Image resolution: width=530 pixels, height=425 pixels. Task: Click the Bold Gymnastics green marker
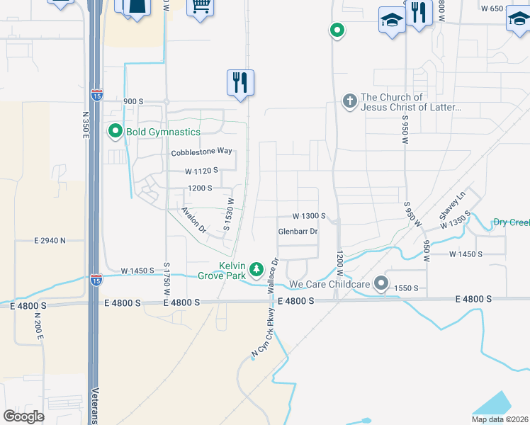115,132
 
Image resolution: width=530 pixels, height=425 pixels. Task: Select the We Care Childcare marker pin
381,284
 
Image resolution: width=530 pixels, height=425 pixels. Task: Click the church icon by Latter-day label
349,101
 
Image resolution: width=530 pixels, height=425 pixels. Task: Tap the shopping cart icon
201,6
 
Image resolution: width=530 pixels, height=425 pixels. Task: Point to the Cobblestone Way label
201,152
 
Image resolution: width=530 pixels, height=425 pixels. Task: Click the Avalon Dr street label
193,220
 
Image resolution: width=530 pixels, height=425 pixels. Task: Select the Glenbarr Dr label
298,232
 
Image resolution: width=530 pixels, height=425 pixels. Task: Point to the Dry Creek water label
511,222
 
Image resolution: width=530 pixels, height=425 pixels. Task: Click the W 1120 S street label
201,171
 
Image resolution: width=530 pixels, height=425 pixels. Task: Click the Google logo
24,416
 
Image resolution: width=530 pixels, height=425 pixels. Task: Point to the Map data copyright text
500,419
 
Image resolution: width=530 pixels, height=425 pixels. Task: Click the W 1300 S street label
309,216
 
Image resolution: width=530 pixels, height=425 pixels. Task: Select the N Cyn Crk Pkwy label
262,331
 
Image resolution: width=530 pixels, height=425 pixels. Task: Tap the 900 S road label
133,101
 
